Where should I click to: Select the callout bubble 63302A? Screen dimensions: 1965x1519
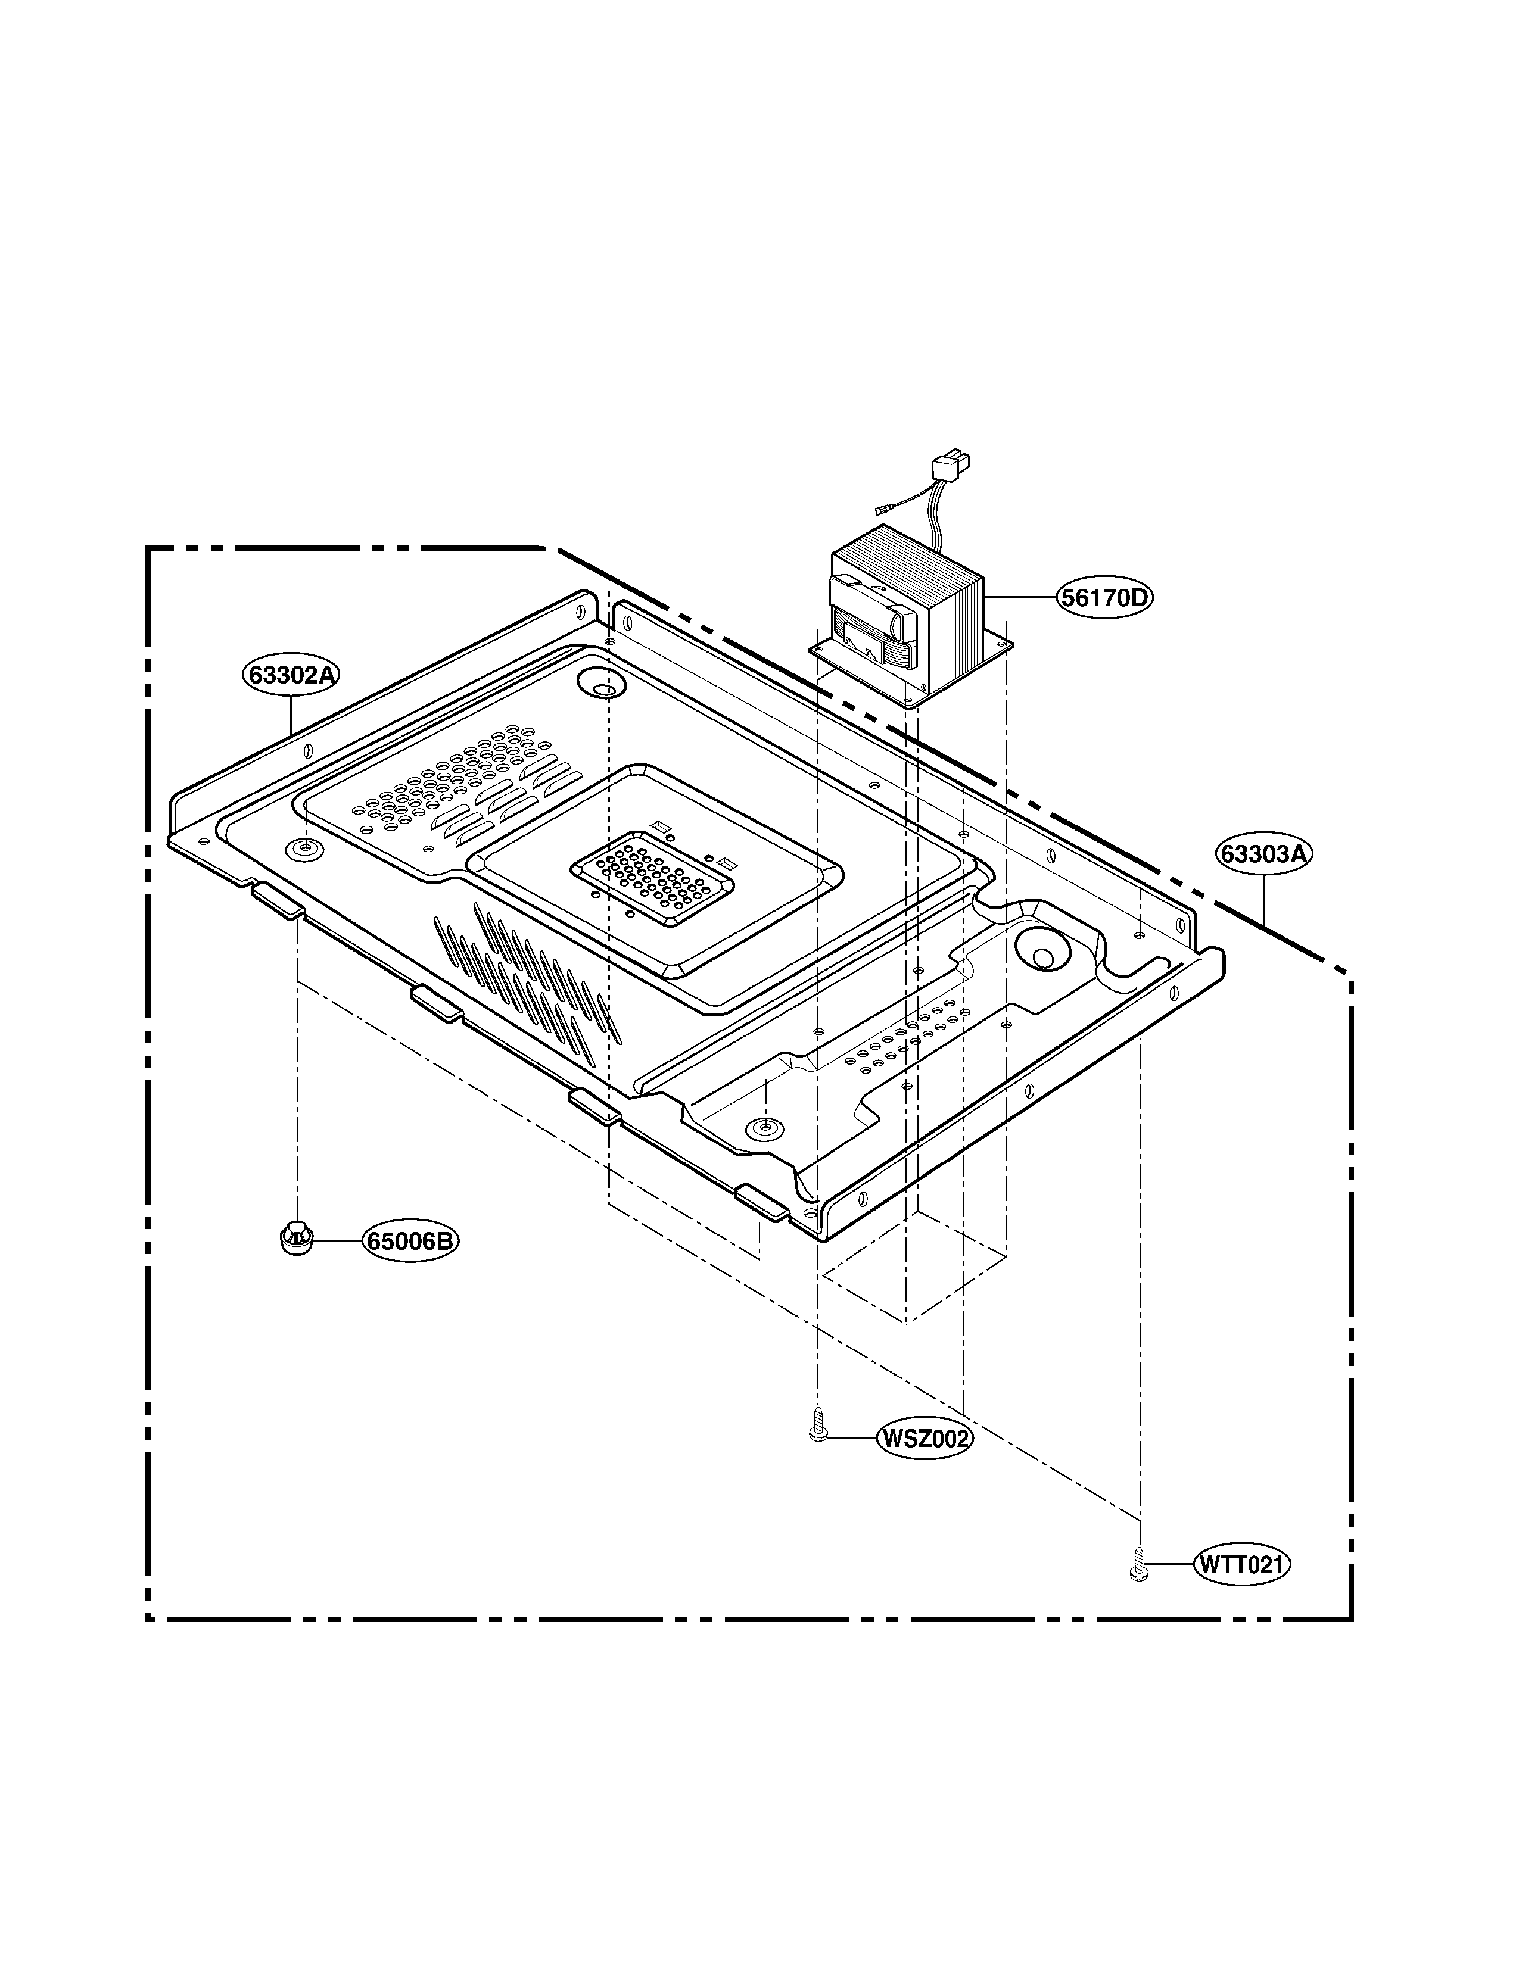[x=291, y=674]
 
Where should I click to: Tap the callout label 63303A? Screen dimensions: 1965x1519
[x=1263, y=854]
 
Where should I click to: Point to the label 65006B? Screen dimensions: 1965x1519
[x=411, y=1242]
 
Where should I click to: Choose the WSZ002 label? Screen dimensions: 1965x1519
[x=925, y=1439]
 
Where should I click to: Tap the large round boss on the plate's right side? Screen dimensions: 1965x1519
[x=1042, y=950]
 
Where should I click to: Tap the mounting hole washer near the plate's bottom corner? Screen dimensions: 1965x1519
[x=765, y=1127]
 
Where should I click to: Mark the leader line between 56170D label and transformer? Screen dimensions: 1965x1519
[x=1020, y=597]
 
